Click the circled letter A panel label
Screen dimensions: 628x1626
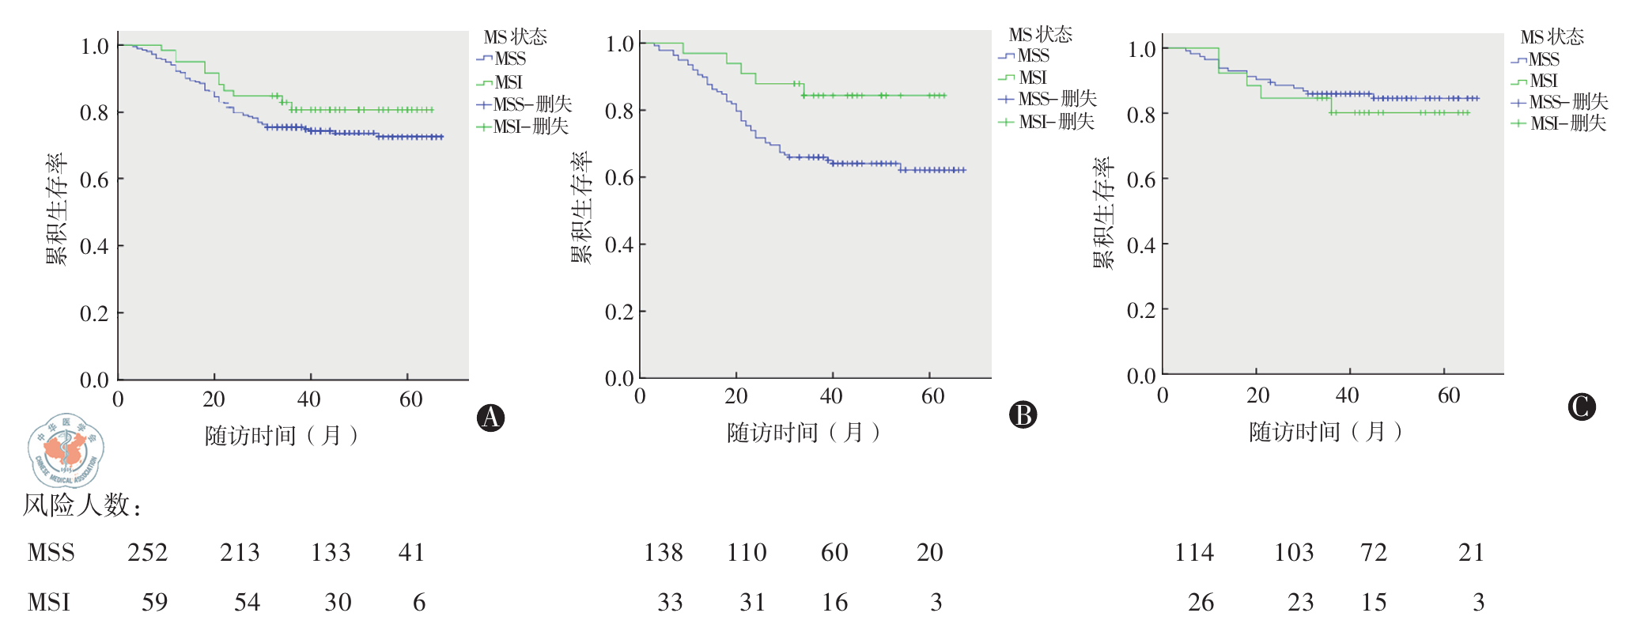pos(490,418)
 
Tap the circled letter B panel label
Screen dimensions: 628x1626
pos(1023,414)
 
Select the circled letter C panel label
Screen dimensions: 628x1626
pos(1581,407)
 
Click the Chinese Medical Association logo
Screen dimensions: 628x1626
pos(66,449)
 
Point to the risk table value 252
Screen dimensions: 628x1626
pos(148,552)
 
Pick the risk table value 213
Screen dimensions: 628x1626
pos(240,552)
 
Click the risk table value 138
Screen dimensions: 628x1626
pos(664,552)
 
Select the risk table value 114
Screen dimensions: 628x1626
pos(1194,552)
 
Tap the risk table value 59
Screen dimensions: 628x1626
pos(154,603)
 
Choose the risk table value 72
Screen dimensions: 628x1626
pos(1374,552)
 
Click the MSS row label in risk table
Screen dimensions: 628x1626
pos(51,552)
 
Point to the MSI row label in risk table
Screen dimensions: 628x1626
pos(48,603)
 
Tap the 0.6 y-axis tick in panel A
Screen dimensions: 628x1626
pos(94,180)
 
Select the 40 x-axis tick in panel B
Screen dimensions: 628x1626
pos(830,396)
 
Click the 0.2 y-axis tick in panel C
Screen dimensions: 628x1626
pos(1141,310)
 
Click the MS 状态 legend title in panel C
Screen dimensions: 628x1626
pos(1552,37)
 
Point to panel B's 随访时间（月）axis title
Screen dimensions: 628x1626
pos(804,433)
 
